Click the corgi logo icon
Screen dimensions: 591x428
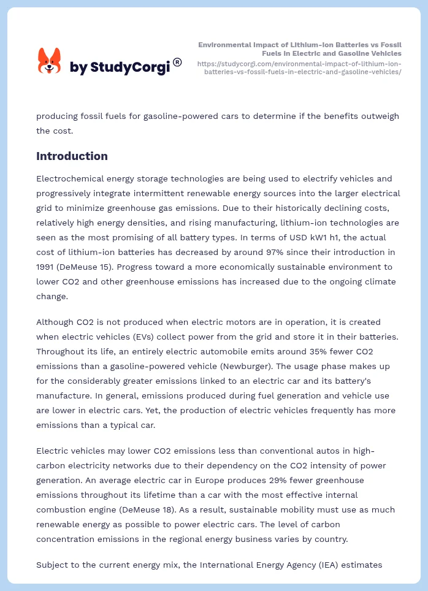50,61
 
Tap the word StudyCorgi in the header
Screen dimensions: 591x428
130,67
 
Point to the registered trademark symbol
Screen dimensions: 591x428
177,62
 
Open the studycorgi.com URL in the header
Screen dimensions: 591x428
299,67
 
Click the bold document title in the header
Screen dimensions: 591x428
300,49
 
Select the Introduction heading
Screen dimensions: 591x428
72,156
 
